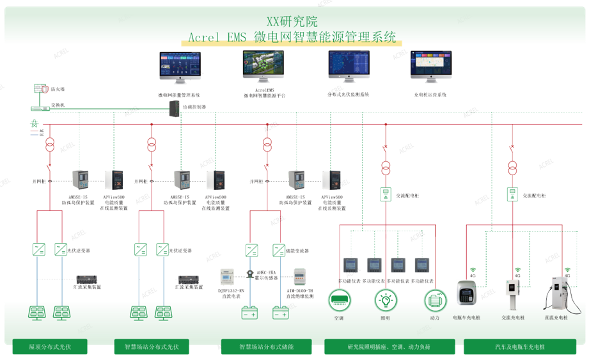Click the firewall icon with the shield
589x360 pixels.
click(40, 89)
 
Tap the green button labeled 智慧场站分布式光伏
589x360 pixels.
click(152, 347)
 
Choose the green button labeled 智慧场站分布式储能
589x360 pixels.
click(266, 347)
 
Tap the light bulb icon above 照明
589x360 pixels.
click(385, 299)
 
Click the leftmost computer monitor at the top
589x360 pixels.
click(180, 67)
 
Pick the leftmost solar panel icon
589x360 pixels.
click(36, 313)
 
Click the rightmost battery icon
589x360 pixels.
click(281, 313)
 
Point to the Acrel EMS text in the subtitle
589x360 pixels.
click(217, 36)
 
